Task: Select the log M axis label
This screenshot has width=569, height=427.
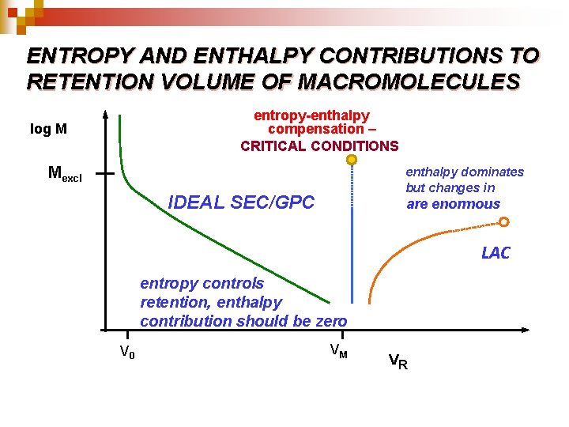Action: click(x=48, y=129)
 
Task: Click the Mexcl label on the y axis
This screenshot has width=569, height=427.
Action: click(x=65, y=174)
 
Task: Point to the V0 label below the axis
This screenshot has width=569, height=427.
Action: click(x=126, y=352)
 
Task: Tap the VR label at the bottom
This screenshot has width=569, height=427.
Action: click(x=398, y=363)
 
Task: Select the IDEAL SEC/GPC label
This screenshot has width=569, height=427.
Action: click(x=241, y=202)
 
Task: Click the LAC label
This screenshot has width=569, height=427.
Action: click(x=496, y=253)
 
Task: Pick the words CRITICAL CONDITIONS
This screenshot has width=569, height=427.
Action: click(x=319, y=145)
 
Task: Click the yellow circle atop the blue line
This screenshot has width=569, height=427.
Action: click(x=352, y=160)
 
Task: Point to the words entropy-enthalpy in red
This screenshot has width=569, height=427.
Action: click(x=311, y=115)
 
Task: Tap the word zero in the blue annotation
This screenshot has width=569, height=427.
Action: click(x=329, y=321)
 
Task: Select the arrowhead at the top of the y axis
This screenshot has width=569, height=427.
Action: click(x=104, y=113)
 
